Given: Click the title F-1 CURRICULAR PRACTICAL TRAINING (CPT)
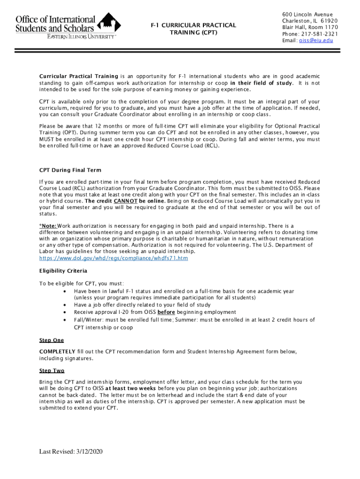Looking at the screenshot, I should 193,29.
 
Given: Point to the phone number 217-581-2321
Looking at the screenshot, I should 320,34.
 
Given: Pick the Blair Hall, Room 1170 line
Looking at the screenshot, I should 310,27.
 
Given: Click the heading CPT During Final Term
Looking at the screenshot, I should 70,170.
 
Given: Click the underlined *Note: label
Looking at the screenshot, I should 49,225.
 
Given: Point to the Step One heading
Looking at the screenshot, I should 51,340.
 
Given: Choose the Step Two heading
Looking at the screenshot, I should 52,370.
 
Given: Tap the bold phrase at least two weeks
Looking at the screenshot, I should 131,388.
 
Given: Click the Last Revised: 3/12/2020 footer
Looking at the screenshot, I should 71,451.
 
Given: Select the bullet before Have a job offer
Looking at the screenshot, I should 64,305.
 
